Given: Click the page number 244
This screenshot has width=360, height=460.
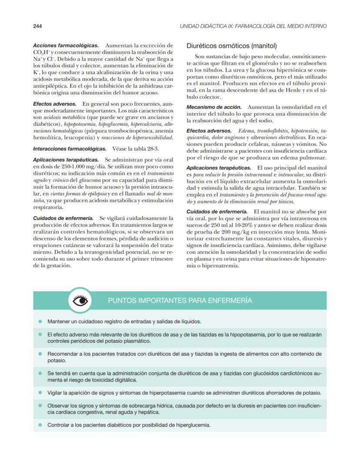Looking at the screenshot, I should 37,27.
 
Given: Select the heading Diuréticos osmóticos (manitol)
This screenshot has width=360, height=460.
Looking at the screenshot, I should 231,46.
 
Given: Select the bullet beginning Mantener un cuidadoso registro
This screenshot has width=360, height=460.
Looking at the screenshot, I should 124,322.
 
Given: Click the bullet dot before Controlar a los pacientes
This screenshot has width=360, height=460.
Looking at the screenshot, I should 40,425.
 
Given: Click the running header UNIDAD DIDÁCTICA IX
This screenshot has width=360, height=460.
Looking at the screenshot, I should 253,27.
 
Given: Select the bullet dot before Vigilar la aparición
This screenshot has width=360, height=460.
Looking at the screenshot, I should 40,393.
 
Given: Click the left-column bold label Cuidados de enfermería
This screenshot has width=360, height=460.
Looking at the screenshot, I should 63,218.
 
